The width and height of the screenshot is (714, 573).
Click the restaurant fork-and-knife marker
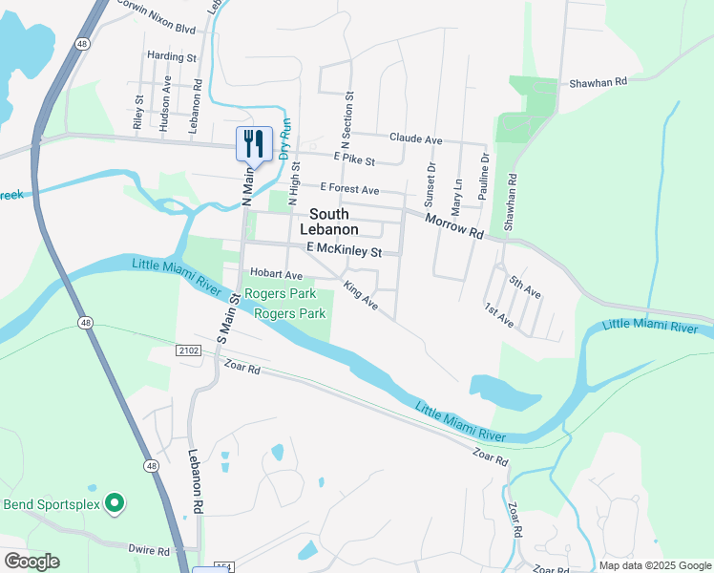tap(254, 144)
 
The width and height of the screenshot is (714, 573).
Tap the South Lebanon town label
tap(329, 222)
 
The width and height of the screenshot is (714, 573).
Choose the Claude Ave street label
tap(415, 139)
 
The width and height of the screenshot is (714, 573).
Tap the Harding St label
tap(172, 57)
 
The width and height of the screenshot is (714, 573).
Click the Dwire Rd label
tap(150, 550)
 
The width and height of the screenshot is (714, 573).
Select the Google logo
tap(31, 562)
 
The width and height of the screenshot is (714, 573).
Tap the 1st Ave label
tap(499, 316)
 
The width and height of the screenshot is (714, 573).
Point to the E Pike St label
tap(354, 161)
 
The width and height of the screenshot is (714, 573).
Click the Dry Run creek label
tap(285, 138)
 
